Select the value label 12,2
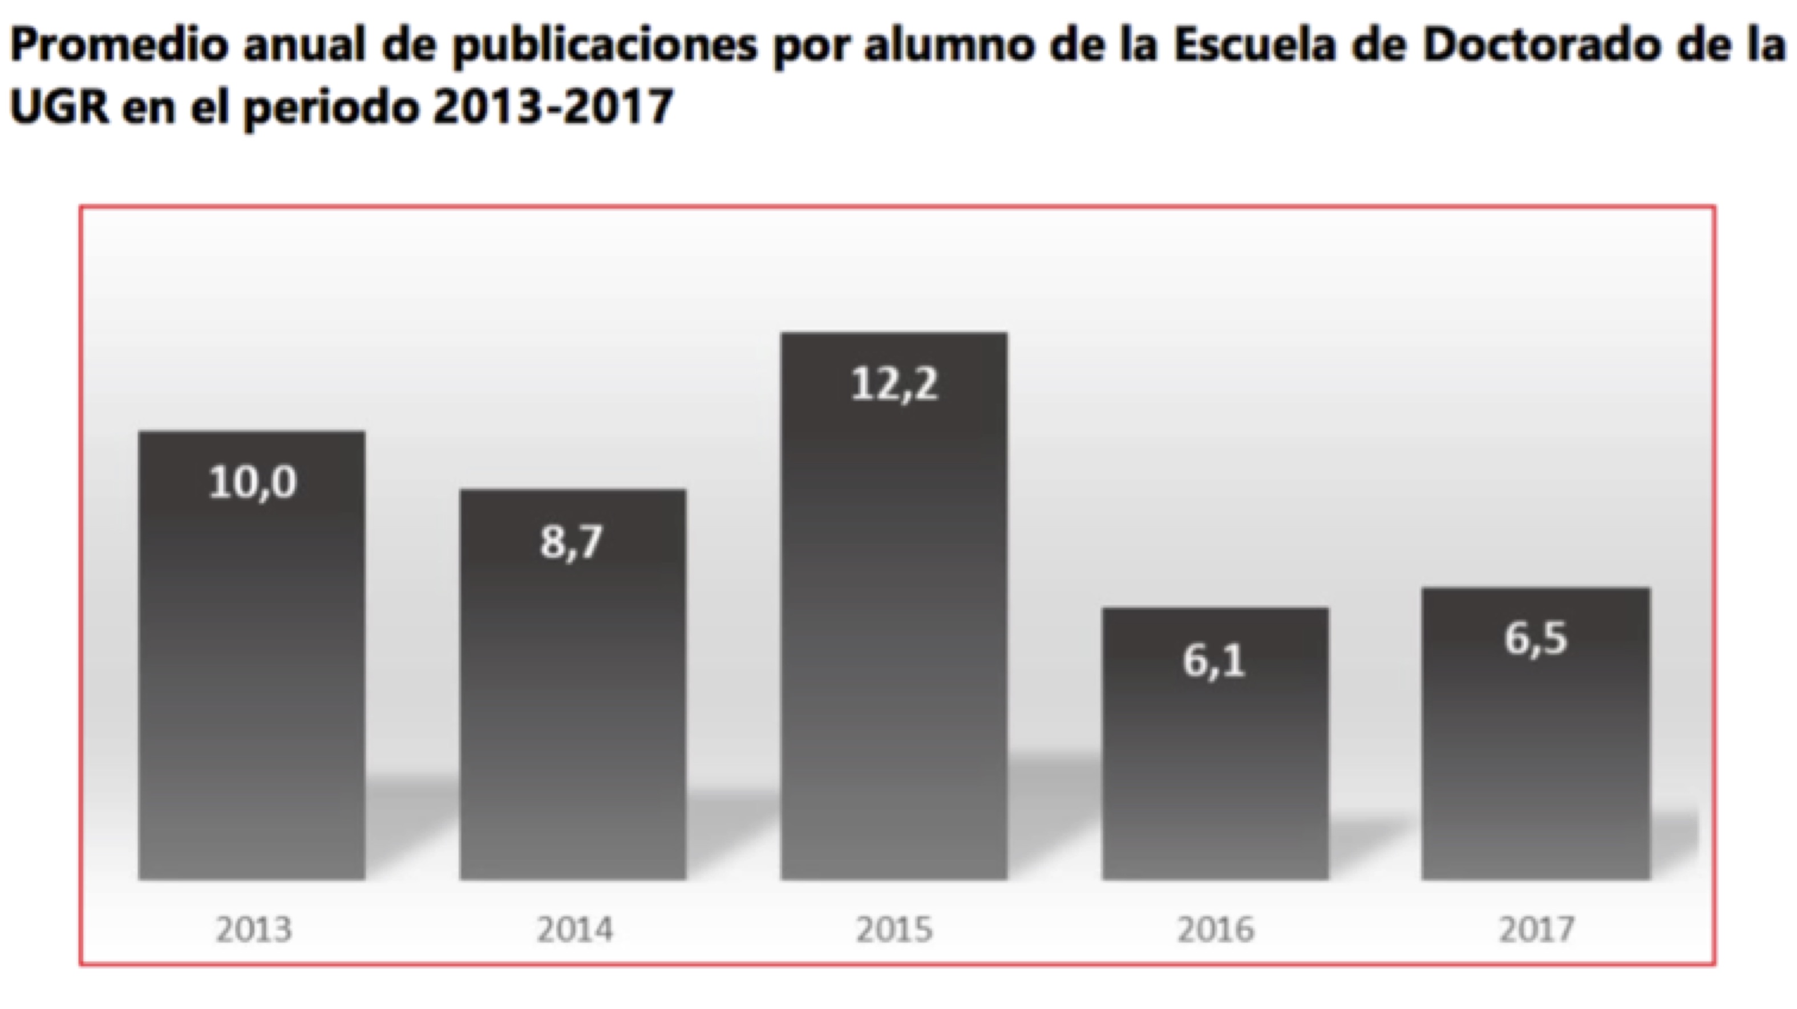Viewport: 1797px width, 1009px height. click(x=895, y=384)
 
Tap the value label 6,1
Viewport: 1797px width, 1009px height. click(x=1214, y=660)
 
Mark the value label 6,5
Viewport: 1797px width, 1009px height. click(x=1535, y=638)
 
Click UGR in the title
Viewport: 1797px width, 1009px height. click(x=59, y=107)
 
